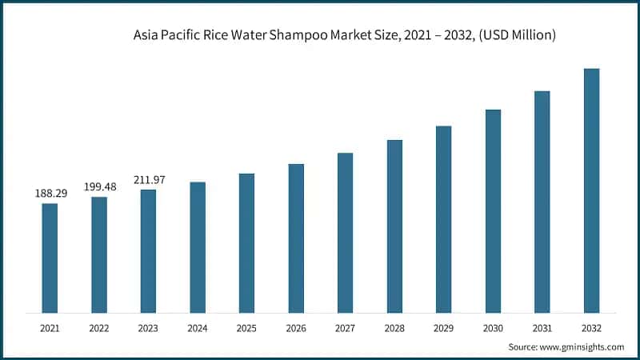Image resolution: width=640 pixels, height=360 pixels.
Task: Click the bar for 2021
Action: pos(50,258)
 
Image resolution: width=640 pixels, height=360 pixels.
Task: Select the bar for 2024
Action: pos(198,247)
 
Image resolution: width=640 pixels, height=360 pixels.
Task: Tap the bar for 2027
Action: pos(345,232)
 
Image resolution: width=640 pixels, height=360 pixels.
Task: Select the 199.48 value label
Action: pos(99,186)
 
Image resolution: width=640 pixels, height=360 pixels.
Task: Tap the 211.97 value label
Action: pos(148,180)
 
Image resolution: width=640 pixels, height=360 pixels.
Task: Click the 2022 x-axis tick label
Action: pos(99,328)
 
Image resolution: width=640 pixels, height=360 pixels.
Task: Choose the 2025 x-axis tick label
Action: pos(246,328)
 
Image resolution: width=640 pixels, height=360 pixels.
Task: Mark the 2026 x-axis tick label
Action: pos(296,328)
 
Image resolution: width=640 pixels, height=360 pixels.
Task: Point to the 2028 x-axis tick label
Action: pos(394,328)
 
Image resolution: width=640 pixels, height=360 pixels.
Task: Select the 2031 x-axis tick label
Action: pos(542,328)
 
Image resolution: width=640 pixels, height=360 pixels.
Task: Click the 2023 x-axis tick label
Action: pos(148,328)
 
